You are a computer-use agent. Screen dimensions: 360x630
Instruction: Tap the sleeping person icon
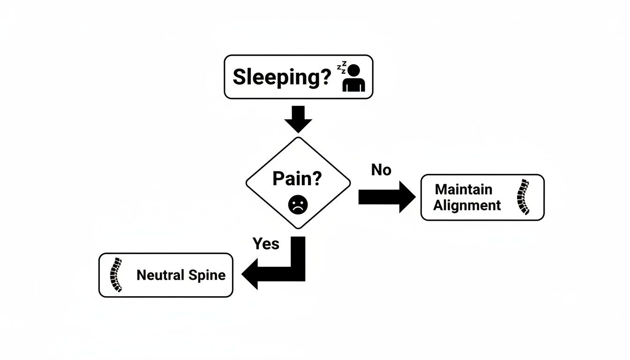point(353,78)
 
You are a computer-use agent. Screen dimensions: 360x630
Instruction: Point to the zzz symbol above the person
point(342,67)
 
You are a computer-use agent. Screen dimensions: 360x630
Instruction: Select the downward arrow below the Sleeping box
point(298,119)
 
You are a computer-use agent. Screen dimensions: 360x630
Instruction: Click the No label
point(381,170)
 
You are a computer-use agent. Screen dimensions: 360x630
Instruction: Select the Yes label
point(266,243)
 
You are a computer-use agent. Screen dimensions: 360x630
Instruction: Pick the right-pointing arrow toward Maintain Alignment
point(386,197)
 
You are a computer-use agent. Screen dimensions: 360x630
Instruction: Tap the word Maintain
point(464,189)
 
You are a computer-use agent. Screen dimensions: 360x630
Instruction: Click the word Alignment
point(467,205)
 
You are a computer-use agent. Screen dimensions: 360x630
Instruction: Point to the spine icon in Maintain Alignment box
point(522,197)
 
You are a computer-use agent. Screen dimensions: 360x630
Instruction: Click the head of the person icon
point(354,70)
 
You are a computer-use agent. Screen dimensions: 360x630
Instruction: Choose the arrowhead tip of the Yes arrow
point(242,275)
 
